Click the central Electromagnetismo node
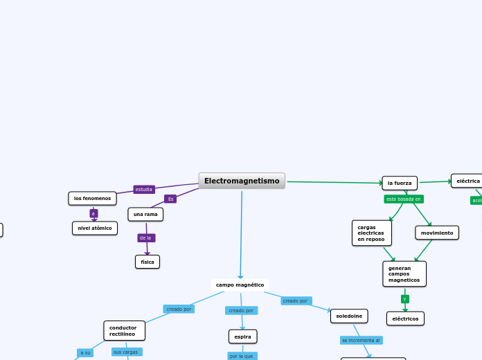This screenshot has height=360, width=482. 242,181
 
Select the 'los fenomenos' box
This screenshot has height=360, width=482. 92,199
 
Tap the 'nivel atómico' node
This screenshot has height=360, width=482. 95,228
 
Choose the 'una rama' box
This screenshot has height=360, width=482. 145,215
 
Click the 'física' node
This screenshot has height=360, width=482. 148,262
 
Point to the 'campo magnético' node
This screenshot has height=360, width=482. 240,285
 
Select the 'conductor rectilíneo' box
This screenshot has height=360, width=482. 124,330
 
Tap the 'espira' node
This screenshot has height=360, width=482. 242,336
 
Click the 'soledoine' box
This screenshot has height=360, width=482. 349,316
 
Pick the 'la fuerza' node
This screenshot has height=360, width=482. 400,183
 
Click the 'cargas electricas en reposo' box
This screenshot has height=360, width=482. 371,233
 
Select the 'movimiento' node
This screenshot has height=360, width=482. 437,233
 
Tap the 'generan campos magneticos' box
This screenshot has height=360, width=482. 404,273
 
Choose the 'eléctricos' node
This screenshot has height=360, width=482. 405,318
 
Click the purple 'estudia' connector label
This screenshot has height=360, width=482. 144,189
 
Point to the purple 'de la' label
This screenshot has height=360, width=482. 145,237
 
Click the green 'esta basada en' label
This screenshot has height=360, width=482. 404,199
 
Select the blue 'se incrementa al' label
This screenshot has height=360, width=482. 361,340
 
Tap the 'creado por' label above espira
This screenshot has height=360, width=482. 241,310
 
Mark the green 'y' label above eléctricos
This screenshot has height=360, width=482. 404,299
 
